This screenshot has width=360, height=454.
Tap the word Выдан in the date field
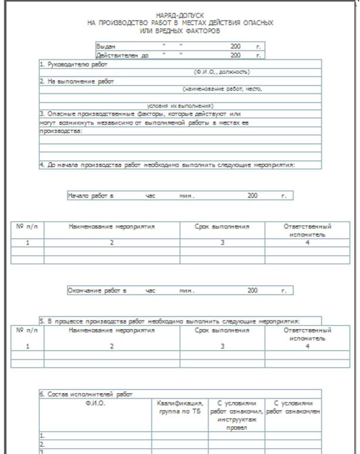click(106, 46)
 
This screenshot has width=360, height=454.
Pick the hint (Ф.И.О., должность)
click(222, 72)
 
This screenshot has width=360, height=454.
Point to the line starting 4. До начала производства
click(167, 165)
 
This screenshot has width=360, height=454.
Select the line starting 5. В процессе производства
click(169, 321)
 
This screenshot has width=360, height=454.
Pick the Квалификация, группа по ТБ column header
click(181, 407)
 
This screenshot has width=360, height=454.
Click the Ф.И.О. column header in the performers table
click(95, 404)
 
